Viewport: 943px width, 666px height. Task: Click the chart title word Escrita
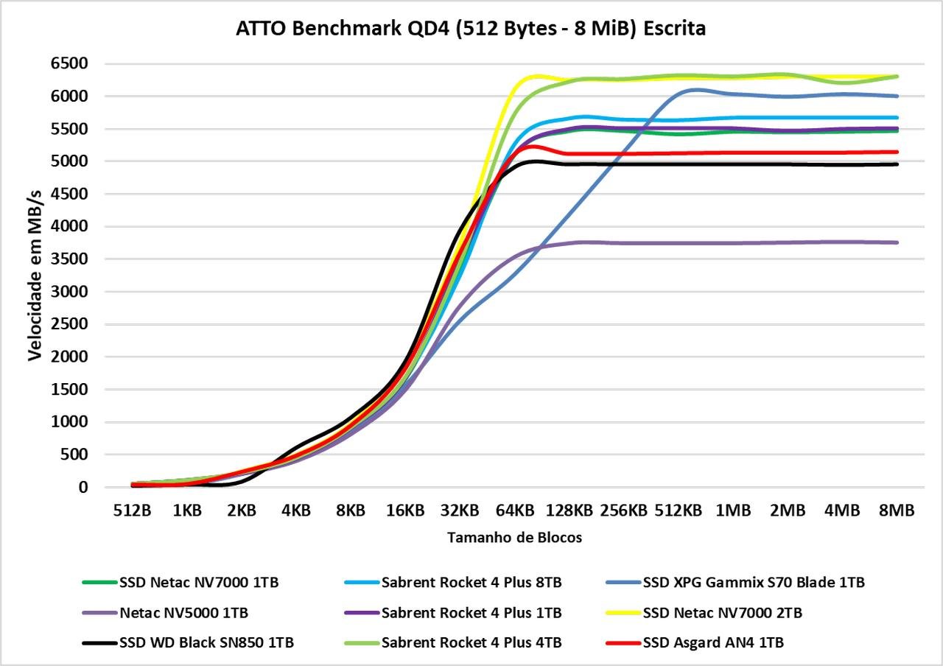coord(674,29)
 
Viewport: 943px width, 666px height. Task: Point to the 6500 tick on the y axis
coord(69,63)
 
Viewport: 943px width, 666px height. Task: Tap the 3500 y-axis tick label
coord(69,259)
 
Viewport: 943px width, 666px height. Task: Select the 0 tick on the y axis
coord(83,487)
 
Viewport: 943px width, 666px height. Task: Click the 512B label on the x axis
coord(132,511)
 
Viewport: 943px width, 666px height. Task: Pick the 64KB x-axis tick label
coord(515,511)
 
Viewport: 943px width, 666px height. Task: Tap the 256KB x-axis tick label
coord(624,511)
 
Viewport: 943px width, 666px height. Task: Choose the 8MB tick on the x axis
coord(897,511)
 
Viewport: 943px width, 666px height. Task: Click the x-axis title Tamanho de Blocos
coord(514,538)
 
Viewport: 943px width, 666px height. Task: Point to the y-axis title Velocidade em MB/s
coord(35,276)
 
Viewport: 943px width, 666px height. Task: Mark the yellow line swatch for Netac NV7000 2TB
coord(623,613)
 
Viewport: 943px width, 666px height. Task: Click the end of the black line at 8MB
coord(897,164)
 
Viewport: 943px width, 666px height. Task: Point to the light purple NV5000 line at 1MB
coord(733,243)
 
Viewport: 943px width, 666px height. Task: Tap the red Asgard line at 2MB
coord(788,153)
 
